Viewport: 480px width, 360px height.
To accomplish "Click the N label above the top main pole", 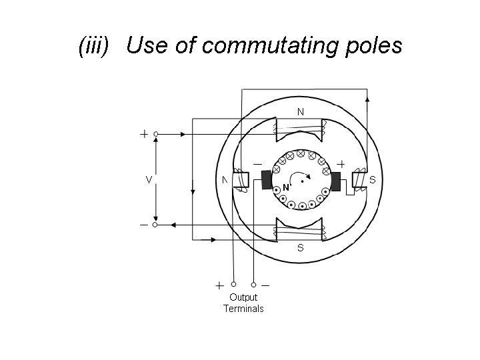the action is (x=301, y=111).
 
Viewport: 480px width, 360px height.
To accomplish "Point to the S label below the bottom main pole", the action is (x=301, y=248).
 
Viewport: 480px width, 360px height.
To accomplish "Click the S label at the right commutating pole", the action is (x=372, y=180).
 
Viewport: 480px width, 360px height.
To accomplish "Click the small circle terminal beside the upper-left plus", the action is (x=156, y=134).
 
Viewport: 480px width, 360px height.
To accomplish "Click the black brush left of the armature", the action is (x=267, y=180).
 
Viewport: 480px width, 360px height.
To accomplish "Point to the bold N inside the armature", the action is (x=285, y=187).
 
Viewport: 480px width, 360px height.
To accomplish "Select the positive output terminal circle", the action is (x=234, y=284).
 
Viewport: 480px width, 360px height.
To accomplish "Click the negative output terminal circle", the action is (x=254, y=284).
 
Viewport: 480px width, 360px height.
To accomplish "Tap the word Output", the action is (x=243, y=297).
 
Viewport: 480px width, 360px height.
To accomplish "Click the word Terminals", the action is (x=243, y=309).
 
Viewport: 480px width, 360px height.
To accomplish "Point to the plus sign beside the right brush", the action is (x=341, y=163).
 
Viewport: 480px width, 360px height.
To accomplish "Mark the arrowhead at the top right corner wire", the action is (x=367, y=99).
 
